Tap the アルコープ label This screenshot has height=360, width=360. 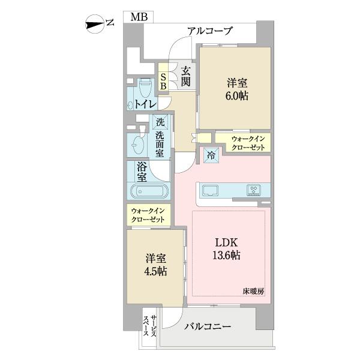click(210, 31)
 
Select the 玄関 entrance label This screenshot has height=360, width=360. click(185, 77)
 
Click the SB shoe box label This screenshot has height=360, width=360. click(163, 82)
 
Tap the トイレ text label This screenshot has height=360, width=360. click(146, 104)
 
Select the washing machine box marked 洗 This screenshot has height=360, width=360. click(160, 122)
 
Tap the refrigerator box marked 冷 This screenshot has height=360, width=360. click(211, 155)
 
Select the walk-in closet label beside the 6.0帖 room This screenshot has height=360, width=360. click(250, 143)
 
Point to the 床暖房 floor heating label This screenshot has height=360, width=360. click(253, 292)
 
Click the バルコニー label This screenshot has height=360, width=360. click(208, 327)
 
